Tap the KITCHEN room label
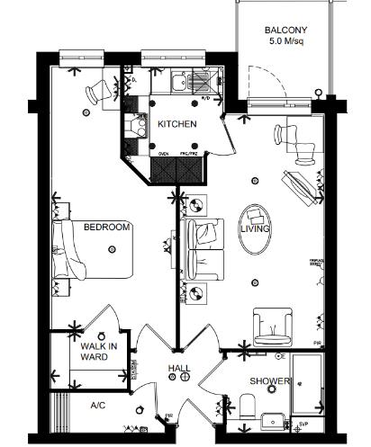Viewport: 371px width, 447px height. pyautogui.click(x=177, y=124)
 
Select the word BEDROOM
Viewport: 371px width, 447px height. pyautogui.click(x=107, y=228)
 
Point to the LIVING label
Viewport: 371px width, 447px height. pyautogui.click(x=255, y=229)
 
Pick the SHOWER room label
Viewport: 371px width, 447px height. pyautogui.click(x=271, y=381)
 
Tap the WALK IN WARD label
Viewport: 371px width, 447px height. pyautogui.click(x=95, y=352)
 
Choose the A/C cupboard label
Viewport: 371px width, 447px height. pyautogui.click(x=99, y=406)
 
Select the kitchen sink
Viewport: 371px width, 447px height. pyautogui.click(x=179, y=83)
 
